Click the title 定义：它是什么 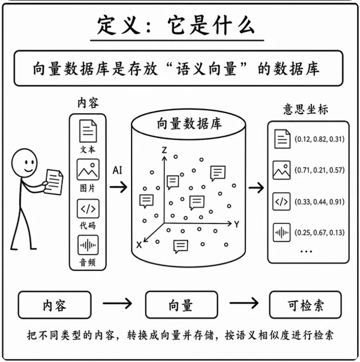[176, 25]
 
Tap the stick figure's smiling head [24, 163]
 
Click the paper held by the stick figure [54, 182]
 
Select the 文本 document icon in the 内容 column [88, 131]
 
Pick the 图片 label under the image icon [88, 188]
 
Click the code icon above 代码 [88, 209]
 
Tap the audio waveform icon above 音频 [88, 245]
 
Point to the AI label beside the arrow [118, 170]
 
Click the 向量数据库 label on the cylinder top [189, 124]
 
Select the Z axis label [164, 150]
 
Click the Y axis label [237, 224]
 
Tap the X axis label [139, 245]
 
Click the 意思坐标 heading [306, 109]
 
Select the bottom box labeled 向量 [181, 305]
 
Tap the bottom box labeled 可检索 [305, 305]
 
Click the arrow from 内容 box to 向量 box [118, 303]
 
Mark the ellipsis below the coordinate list [306, 251]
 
